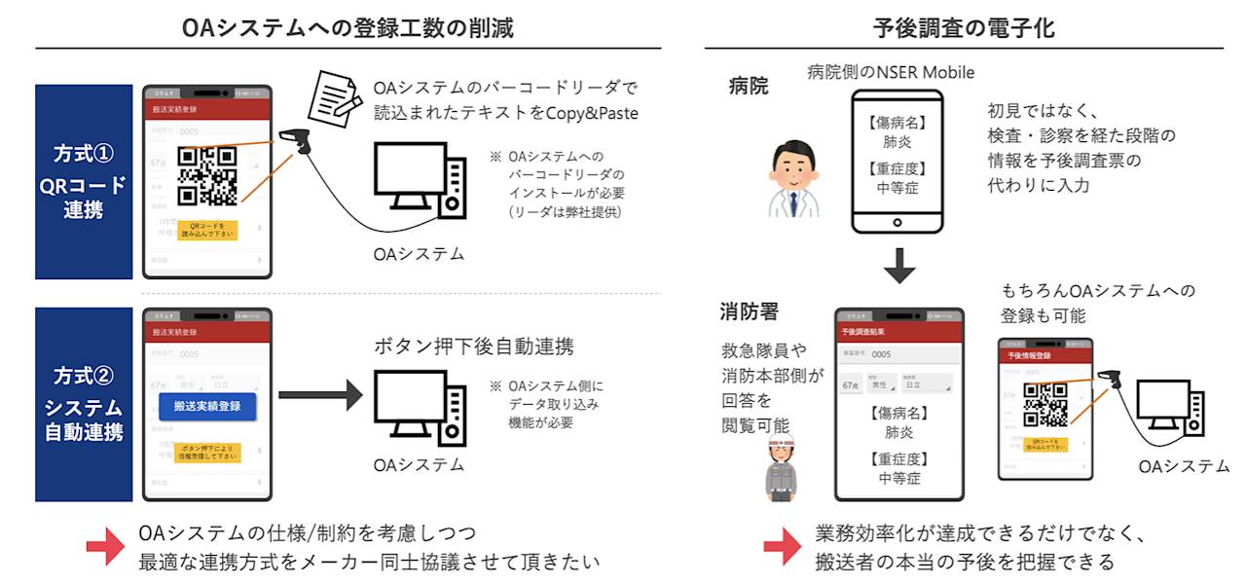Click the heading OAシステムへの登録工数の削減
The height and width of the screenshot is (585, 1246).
348,28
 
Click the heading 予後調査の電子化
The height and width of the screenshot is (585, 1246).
965,28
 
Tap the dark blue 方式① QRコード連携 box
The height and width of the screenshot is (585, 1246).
84,181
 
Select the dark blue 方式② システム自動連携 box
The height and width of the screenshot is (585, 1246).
84,405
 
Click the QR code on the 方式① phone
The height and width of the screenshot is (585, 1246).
207,175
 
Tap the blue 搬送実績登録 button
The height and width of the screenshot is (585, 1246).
207,405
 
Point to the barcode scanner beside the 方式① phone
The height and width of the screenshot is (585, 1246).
295,146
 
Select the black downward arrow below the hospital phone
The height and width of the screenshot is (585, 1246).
899,265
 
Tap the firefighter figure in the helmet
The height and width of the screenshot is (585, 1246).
778,467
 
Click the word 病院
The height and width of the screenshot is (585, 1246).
749,87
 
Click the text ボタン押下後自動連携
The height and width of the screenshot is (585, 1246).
474,346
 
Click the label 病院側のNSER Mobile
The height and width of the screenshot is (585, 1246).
891,72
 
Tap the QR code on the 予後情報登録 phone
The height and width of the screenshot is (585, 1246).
1045,405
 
